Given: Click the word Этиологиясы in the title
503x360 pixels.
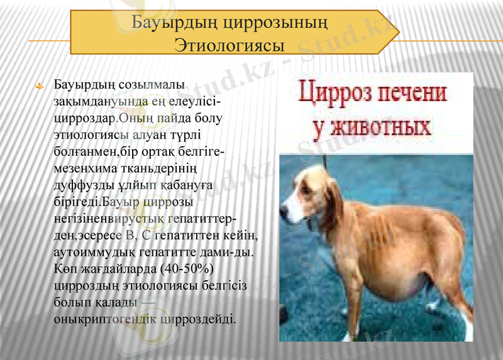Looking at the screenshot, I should [x=228, y=45].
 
